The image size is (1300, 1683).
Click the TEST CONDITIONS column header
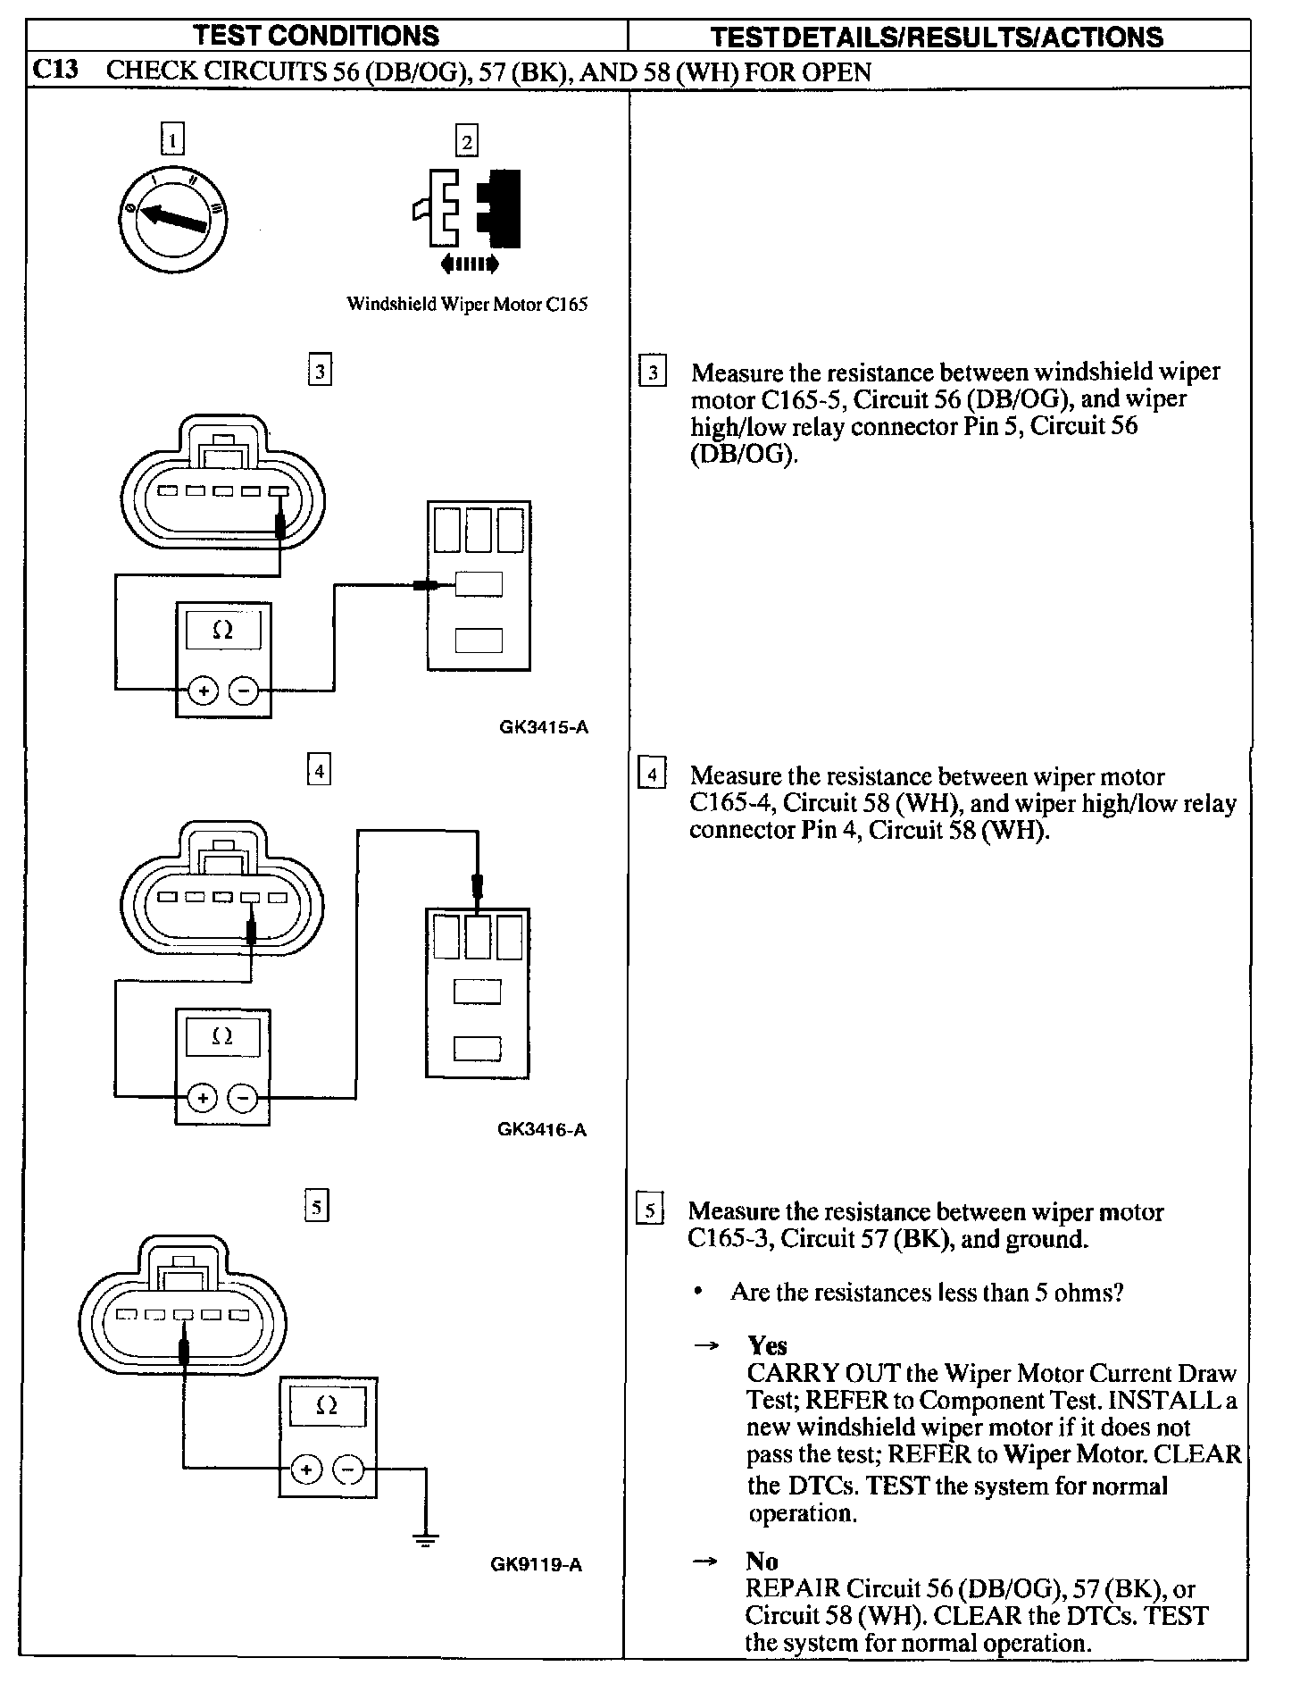(317, 36)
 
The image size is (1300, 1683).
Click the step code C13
(56, 71)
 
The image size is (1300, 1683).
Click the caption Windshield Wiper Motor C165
(467, 304)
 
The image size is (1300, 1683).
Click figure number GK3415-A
(544, 727)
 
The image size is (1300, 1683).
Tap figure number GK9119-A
(537, 1564)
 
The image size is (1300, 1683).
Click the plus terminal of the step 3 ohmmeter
(203, 691)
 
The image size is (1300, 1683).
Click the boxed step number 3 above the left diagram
(319, 370)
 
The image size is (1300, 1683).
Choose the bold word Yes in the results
(767, 1345)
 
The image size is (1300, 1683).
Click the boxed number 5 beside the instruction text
(650, 1211)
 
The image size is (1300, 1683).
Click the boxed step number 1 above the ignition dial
(173, 138)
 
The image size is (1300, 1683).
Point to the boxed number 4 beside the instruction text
(653, 775)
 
